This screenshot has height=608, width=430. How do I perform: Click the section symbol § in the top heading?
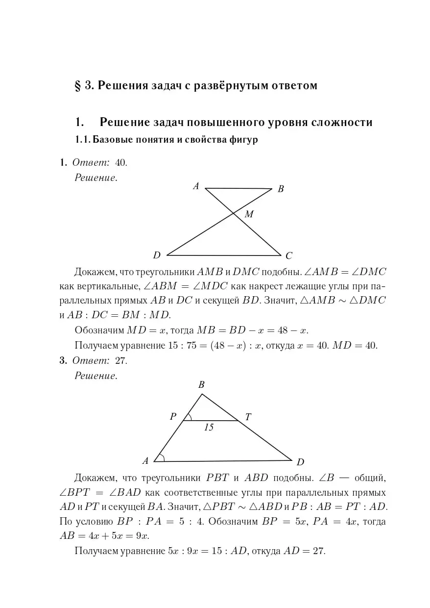(x=77, y=86)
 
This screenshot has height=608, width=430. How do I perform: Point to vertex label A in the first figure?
(x=196, y=186)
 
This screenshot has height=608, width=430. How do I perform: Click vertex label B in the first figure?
(x=281, y=189)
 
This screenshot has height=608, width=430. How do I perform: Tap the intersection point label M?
(x=249, y=214)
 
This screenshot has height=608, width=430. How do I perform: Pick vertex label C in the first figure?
(x=288, y=255)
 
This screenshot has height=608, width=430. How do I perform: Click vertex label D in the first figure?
(x=157, y=255)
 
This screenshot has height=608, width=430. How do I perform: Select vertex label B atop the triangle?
(x=201, y=385)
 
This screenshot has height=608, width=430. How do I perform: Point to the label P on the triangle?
(x=173, y=417)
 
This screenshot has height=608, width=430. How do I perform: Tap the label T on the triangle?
(x=248, y=417)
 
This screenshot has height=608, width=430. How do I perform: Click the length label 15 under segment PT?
(x=209, y=428)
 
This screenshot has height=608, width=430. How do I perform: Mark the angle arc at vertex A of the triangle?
(x=162, y=458)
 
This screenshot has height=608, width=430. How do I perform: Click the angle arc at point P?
(x=189, y=417)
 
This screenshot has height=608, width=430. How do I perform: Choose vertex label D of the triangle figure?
(x=300, y=462)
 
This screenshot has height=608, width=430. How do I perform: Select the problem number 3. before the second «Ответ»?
(x=63, y=361)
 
